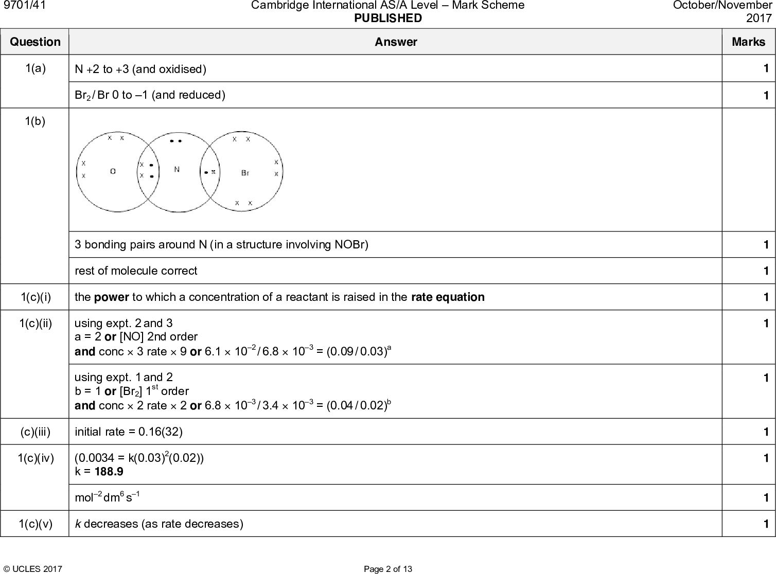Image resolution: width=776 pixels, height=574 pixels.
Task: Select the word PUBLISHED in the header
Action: coord(387,19)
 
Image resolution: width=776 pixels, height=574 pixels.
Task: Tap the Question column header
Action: coord(35,42)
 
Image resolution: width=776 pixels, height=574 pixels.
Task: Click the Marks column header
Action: coord(748,42)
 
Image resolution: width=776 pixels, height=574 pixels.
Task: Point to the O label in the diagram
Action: coord(113,172)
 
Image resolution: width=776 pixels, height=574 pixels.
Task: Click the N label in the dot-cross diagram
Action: coord(177,169)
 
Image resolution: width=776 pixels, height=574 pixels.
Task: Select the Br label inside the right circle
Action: coord(245,173)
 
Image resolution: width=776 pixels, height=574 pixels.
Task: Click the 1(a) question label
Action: coord(35,68)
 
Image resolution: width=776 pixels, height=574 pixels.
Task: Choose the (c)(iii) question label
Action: coord(35,432)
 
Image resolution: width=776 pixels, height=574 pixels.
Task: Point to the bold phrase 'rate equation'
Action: coord(448,297)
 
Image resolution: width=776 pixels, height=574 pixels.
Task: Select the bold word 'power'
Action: coord(111,297)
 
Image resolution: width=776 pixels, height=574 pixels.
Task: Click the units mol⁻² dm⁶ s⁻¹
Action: coord(107,497)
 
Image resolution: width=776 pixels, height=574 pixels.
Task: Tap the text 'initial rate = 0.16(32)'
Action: coord(129,432)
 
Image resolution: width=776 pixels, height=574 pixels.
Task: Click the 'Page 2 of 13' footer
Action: coord(387,569)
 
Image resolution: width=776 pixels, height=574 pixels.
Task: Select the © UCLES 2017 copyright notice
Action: coord(33,569)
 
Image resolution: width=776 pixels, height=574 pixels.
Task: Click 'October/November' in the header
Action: coord(722,5)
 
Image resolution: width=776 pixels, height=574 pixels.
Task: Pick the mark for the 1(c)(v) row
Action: coord(766,524)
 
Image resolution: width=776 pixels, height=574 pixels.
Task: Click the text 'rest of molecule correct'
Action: coord(136,271)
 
